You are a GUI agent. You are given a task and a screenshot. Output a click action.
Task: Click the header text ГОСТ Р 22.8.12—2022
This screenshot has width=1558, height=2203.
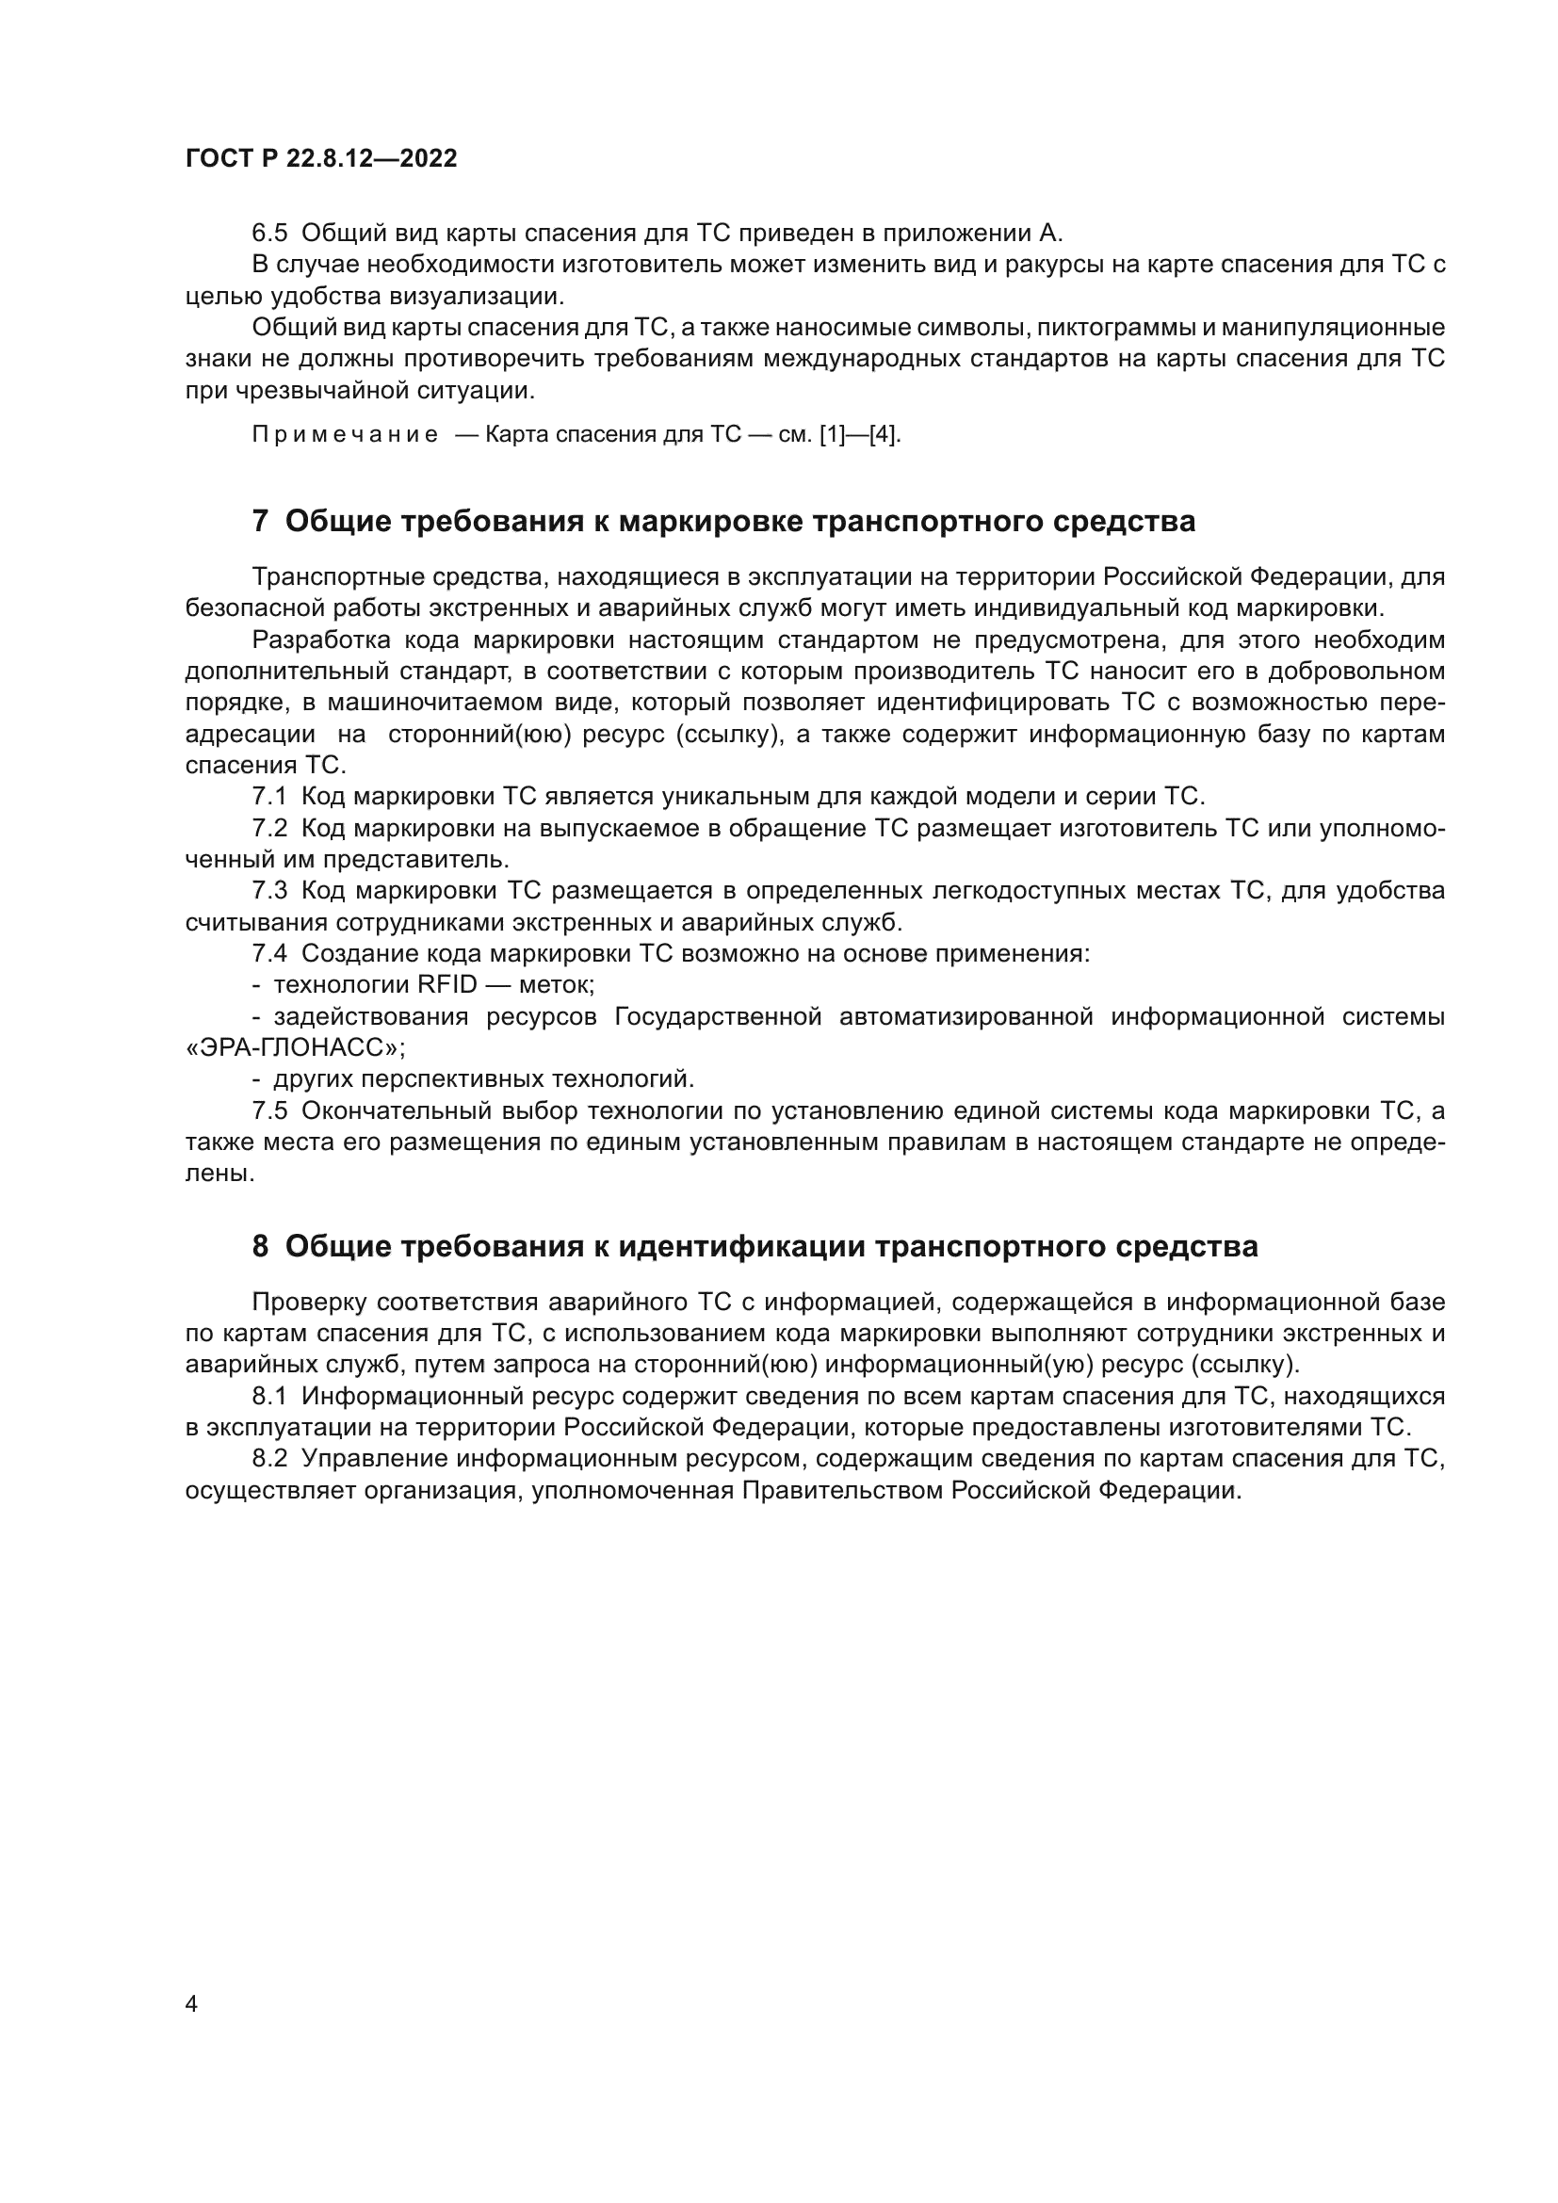[x=321, y=158]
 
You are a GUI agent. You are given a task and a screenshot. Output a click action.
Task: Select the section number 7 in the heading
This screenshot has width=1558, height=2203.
[x=260, y=521]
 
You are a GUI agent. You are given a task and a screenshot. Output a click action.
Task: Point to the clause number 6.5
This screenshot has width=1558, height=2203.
[x=269, y=234]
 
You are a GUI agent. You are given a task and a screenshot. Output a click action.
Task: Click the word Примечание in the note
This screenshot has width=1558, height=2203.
[x=345, y=434]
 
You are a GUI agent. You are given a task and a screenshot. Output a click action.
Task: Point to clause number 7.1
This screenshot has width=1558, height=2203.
[x=269, y=797]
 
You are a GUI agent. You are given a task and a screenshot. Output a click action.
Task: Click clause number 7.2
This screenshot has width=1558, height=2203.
[x=269, y=828]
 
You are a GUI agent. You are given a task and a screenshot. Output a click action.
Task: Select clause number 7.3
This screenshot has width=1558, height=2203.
[x=269, y=890]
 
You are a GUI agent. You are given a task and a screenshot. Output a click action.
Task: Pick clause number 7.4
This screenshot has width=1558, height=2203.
[x=269, y=954]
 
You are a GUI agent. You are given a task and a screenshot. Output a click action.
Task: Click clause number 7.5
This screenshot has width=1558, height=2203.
[x=269, y=1110]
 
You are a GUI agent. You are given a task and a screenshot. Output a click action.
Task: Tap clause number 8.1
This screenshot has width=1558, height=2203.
[x=269, y=1396]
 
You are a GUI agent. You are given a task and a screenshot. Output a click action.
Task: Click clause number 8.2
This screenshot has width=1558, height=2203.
[x=269, y=1458]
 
